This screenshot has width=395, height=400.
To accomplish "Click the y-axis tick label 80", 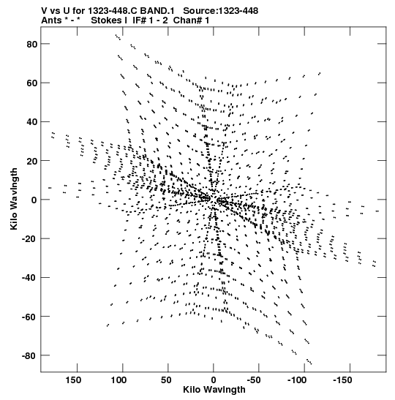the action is click(32, 45).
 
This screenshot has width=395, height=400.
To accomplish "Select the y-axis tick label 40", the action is click(32, 122).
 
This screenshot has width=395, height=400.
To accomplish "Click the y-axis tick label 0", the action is click(34, 200).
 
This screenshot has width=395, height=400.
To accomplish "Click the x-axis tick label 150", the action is click(73, 380).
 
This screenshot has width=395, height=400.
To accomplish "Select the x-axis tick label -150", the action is click(342, 380).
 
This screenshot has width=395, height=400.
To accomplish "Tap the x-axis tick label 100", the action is click(119, 380).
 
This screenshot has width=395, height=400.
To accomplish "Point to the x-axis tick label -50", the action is click(254, 380).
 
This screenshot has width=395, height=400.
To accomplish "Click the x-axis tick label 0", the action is click(214, 380).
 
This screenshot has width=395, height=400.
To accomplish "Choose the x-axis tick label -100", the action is click(297, 380).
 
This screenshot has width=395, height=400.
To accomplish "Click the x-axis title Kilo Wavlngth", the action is click(214, 390).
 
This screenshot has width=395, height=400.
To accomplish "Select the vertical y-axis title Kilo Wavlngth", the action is click(14, 199).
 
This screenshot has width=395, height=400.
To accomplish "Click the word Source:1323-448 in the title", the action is click(221, 11).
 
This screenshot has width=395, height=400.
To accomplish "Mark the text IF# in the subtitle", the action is click(140, 20).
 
